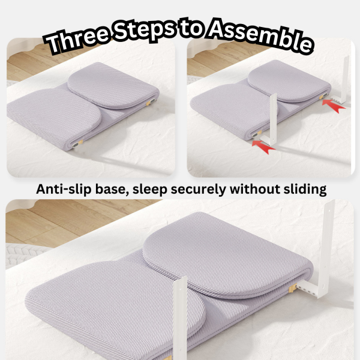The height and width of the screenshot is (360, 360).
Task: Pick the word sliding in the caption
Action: tap(305, 190)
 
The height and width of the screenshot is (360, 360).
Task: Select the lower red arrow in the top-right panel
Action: tap(263, 147)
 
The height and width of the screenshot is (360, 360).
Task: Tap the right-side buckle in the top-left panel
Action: tap(152, 101)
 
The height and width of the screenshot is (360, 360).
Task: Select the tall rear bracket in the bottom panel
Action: tap(321, 250)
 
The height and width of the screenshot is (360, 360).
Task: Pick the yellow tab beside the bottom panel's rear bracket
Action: tap(293, 288)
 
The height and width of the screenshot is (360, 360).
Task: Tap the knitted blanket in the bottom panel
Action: tap(20, 255)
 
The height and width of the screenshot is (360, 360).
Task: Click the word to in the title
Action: tap(191, 29)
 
